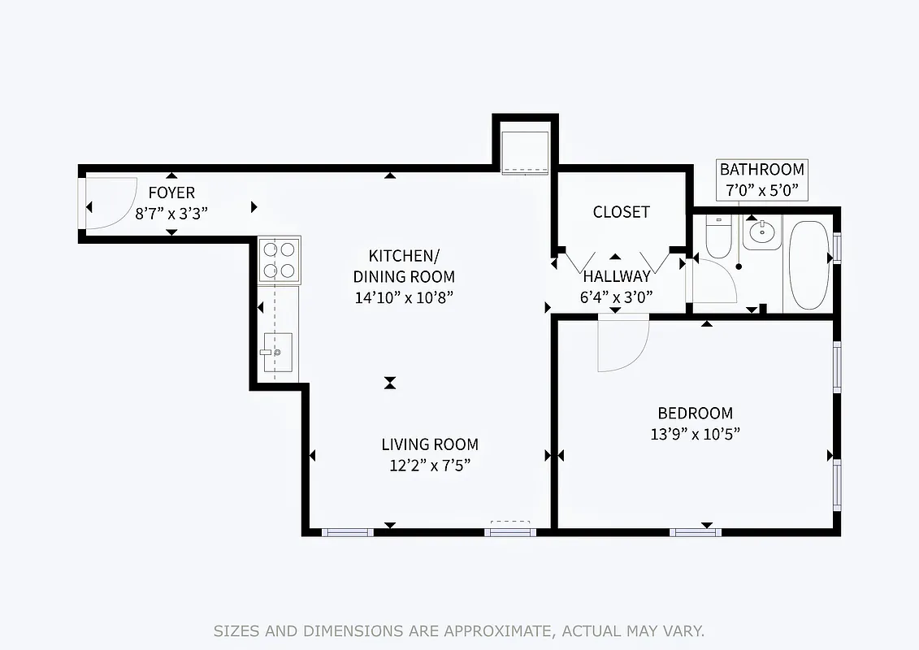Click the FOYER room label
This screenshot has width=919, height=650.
click(x=171, y=193)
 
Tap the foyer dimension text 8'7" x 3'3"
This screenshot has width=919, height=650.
click(x=171, y=214)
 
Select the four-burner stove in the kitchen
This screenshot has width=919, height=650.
click(x=280, y=259)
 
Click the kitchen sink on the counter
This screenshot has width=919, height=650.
click(x=276, y=352)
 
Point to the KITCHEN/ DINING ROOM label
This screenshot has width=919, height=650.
click(x=411, y=266)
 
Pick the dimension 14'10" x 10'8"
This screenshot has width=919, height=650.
click(x=403, y=297)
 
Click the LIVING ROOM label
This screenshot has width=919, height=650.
click(x=430, y=444)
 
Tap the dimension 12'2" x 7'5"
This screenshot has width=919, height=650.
click(x=430, y=466)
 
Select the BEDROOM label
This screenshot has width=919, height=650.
click(x=695, y=413)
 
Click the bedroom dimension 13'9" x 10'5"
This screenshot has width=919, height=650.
click(x=695, y=434)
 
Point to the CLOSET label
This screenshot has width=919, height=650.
click(x=621, y=212)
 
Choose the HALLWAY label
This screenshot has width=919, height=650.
click(x=616, y=276)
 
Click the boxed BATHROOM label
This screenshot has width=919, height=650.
click(x=761, y=170)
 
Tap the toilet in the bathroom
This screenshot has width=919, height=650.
click(x=718, y=235)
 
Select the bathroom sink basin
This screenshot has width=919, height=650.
click(x=762, y=233)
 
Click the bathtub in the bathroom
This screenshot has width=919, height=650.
click(x=808, y=264)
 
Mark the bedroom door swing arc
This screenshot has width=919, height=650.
click(x=622, y=345)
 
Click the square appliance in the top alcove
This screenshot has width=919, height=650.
click(x=524, y=151)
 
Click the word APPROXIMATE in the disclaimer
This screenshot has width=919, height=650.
click(x=514, y=630)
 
